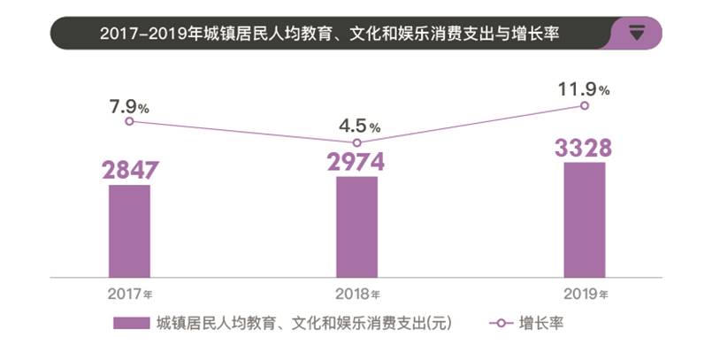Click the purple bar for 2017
pos(129,228)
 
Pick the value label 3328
pos(584,148)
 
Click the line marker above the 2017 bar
pos(129,121)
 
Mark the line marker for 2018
pos(357,142)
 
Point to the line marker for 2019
pos(584,106)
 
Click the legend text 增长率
pos(541,324)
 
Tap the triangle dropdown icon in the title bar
pos(637,34)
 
